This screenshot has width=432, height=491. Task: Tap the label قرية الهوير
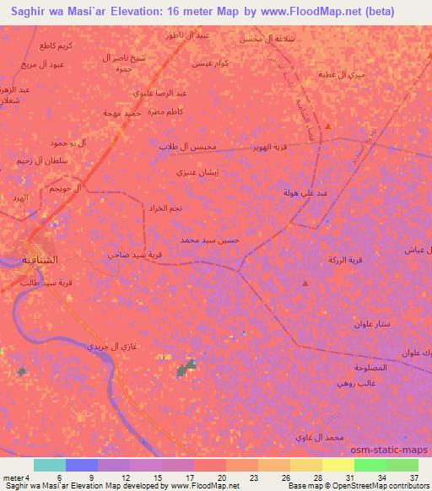pos(263,147)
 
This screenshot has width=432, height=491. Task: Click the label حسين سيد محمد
pos(210,240)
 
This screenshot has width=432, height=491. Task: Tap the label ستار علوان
pos(370,324)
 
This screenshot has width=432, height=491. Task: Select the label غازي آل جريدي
pos(112,347)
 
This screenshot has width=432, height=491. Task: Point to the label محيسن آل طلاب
pos(188,146)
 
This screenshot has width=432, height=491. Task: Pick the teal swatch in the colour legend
pos(50,465)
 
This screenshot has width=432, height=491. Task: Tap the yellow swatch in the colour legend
pos(338,465)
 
